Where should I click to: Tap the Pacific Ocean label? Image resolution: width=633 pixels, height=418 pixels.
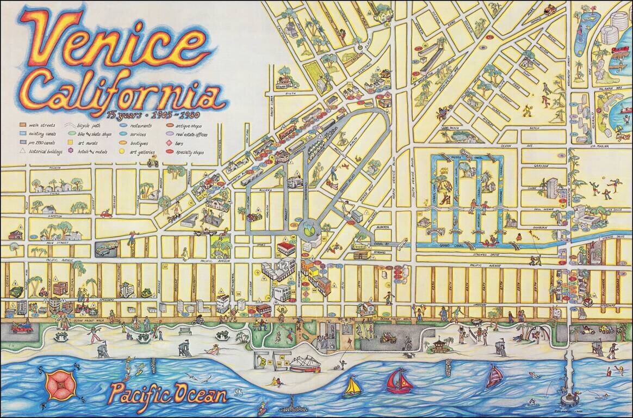pos(167,394)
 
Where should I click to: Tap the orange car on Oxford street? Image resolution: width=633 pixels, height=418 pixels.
pos(551,9)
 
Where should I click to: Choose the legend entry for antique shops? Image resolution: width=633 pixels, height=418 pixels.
pos(185,125)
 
